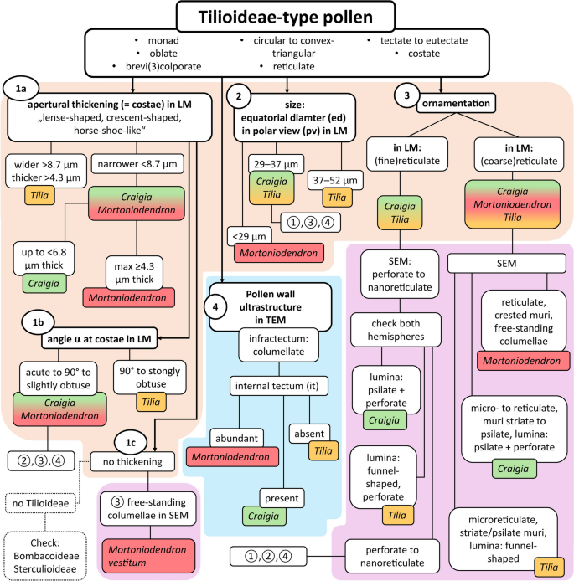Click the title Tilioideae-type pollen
click(x=287, y=18)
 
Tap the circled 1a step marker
click(x=18, y=87)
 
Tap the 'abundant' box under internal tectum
click(x=226, y=437)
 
